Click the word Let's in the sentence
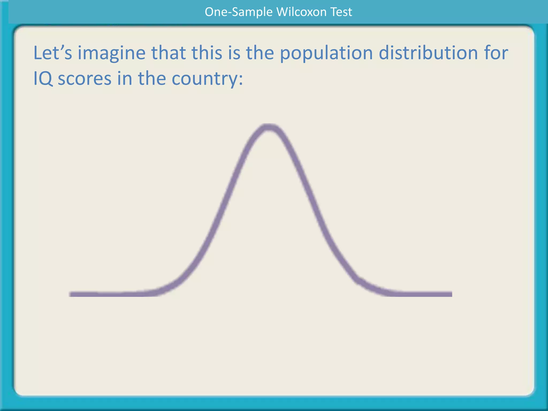click(53, 53)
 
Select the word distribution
click(428, 53)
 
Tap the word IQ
click(43, 79)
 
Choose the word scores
click(85, 79)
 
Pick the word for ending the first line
click(497, 53)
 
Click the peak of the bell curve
click(268, 127)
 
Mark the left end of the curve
click(70, 294)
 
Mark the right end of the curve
click(451, 294)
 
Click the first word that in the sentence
click(169, 53)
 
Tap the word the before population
click(260, 53)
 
